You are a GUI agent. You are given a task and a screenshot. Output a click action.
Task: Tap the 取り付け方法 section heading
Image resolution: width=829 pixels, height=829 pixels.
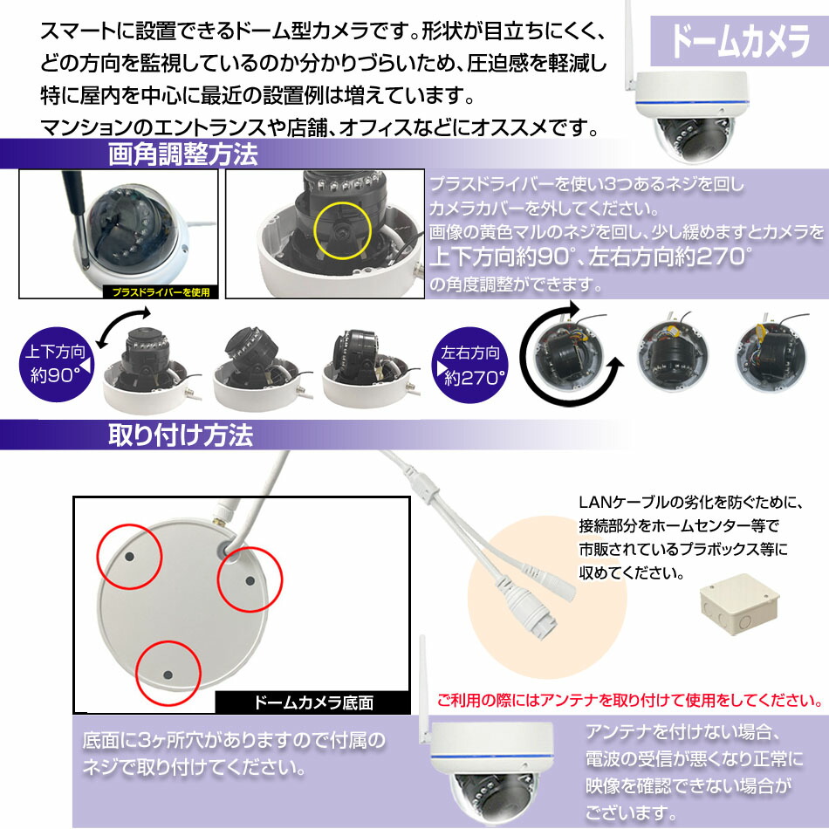[x=181, y=434]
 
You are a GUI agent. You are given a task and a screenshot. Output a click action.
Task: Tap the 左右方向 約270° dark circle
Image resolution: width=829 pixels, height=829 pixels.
[x=471, y=365]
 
